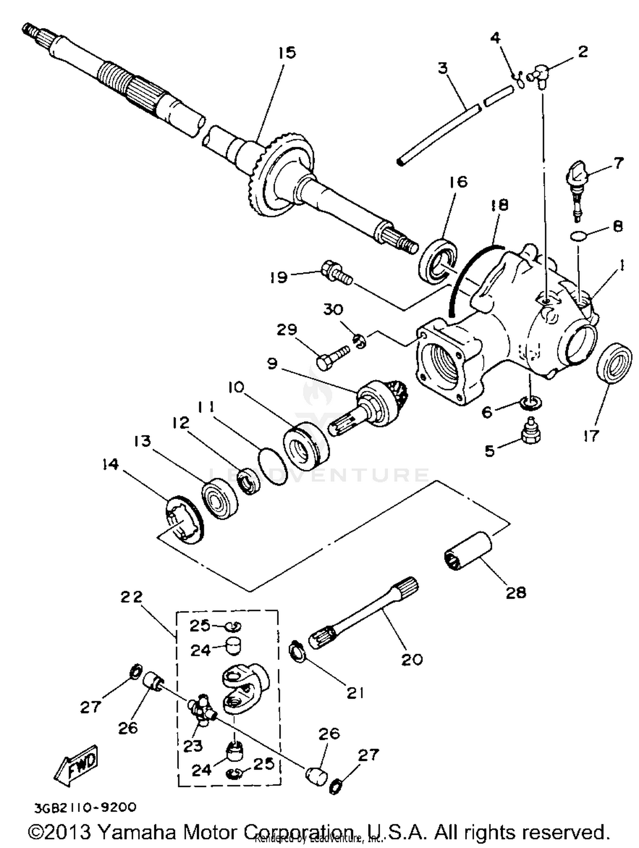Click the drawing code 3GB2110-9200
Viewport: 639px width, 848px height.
point(85,807)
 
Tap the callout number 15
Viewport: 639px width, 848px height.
point(287,53)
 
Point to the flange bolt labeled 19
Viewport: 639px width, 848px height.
point(336,272)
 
